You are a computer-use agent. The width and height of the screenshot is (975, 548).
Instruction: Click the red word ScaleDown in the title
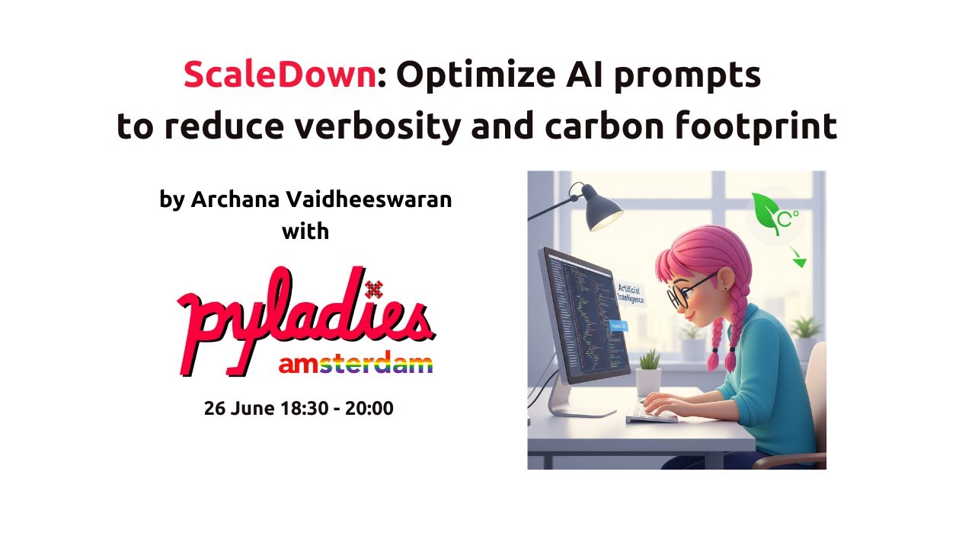click(280, 75)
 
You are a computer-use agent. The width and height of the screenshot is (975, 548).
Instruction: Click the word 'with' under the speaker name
click(305, 231)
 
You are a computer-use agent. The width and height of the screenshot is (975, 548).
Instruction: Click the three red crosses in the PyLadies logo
click(373, 288)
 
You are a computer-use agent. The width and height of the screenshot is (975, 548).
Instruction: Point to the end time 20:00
click(369, 409)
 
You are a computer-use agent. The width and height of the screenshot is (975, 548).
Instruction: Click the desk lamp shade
click(602, 211)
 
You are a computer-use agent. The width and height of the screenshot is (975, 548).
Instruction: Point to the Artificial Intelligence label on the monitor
click(631, 293)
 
